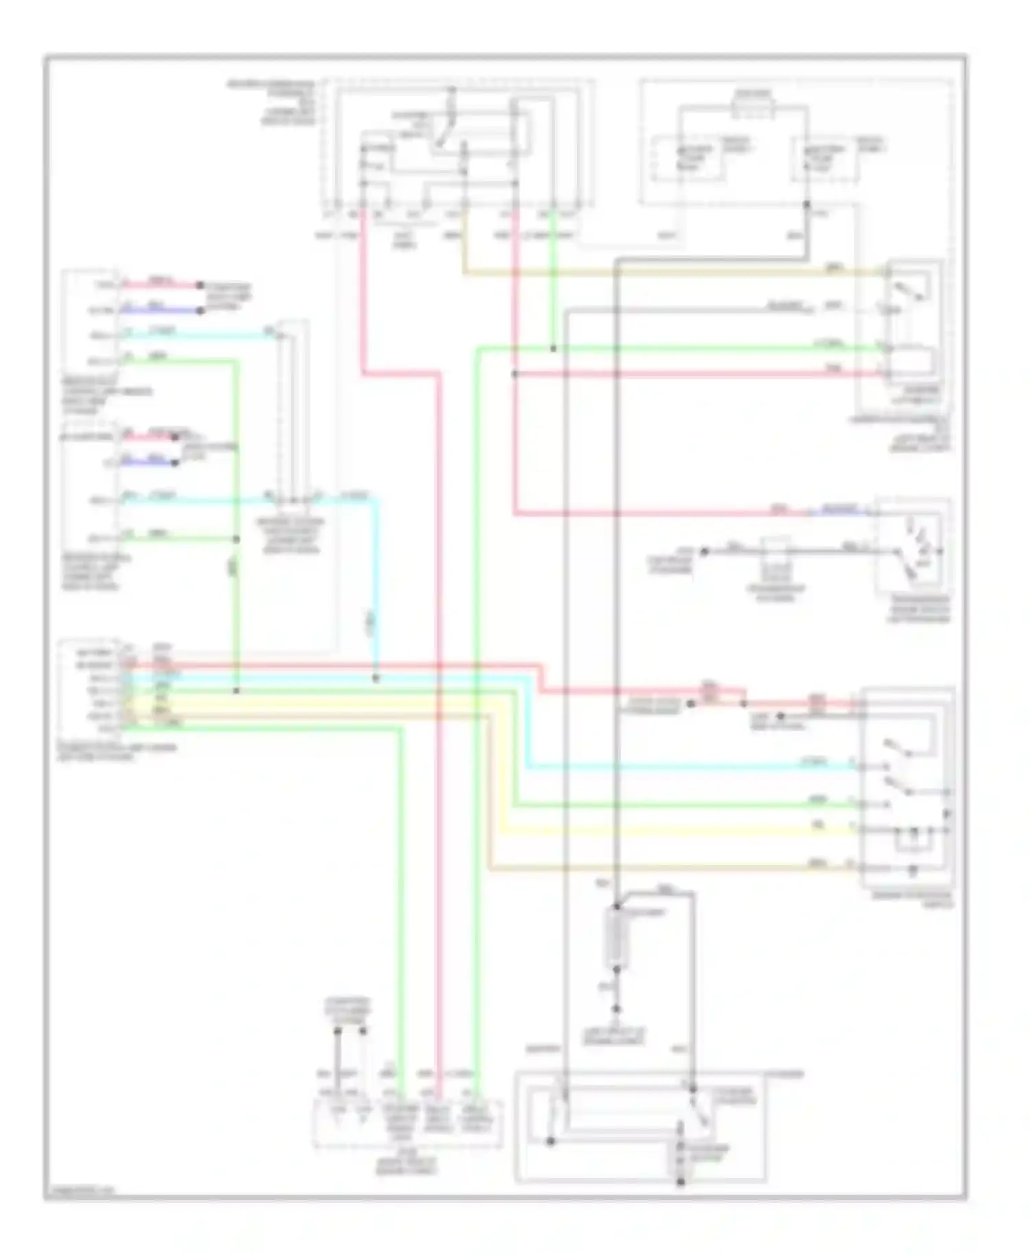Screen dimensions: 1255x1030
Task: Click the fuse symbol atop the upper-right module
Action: point(754,108)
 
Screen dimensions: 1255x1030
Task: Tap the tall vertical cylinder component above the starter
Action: point(616,937)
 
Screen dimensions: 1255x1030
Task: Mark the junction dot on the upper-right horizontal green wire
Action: point(553,349)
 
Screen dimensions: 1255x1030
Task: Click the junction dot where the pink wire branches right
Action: point(514,374)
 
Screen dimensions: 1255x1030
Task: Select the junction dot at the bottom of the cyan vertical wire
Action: point(376,679)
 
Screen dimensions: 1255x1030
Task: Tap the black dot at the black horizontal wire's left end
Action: point(703,551)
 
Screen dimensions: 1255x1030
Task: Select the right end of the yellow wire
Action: point(854,830)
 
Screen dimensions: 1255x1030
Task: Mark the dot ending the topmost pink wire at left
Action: point(200,285)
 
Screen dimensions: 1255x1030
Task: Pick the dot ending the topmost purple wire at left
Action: point(201,310)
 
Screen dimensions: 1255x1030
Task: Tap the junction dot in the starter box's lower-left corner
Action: point(550,1142)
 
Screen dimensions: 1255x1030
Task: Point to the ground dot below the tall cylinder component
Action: point(616,1009)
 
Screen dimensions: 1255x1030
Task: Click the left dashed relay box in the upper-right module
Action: point(688,160)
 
